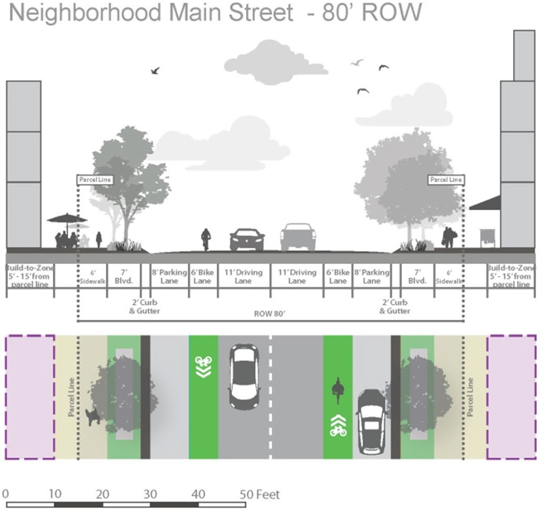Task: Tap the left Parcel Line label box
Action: pos(95,180)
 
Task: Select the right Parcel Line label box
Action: pos(446,180)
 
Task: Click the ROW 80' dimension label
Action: pos(270,314)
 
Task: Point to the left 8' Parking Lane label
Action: pos(169,277)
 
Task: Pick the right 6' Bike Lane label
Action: pos(338,277)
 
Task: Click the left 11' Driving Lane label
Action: pos(243,277)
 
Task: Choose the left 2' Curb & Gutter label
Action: pos(145,307)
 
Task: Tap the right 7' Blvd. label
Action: pos(417,277)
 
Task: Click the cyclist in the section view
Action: pos(206,239)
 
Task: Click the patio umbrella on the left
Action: pos(67,218)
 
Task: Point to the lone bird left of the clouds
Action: pos(155,71)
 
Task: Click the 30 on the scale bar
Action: pos(150,494)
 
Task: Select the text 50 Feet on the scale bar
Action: pos(259,494)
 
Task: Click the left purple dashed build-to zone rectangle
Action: pos(30,397)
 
